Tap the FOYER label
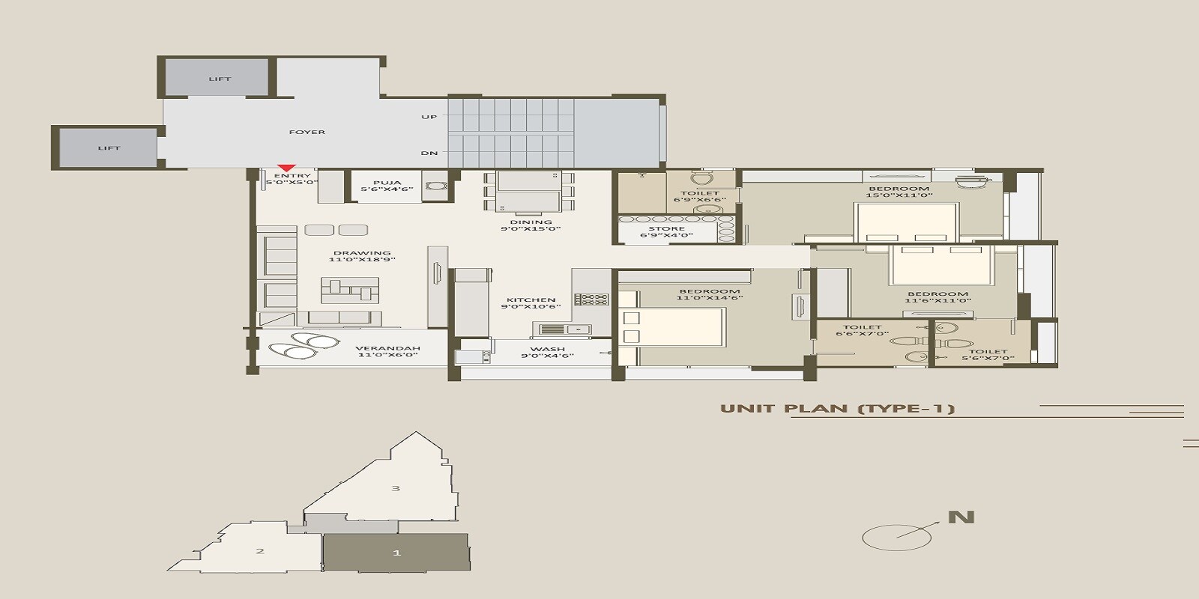[307, 132]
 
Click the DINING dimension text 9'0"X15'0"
[531, 229]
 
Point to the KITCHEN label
[531, 300]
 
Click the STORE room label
[666, 229]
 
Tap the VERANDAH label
[387, 348]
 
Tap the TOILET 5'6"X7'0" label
[988, 352]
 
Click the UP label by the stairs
[429, 117]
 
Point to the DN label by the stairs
[429, 153]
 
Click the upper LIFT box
[220, 79]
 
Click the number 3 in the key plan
[396, 488]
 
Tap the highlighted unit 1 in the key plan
[396, 553]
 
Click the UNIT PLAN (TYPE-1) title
[837, 409]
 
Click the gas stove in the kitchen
[591, 299]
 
